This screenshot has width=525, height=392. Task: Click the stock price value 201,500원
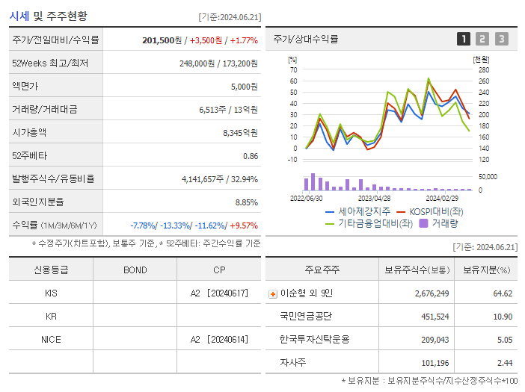[x=162, y=40]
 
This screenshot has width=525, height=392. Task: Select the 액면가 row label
[x=26, y=87]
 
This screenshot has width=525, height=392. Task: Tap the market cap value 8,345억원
[x=240, y=133]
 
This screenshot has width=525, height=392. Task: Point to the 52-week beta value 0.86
[x=251, y=156]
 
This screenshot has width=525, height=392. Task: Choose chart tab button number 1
[x=464, y=40]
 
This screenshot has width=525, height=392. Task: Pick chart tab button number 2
[x=482, y=40]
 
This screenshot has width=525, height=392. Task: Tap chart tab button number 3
[x=501, y=40]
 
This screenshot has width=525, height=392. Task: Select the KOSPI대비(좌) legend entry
[x=435, y=211]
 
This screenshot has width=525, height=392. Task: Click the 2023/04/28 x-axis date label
[x=374, y=199]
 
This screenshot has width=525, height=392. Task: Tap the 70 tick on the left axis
[x=294, y=69]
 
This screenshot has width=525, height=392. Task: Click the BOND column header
[x=135, y=270]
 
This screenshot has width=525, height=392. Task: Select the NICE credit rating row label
[x=51, y=339]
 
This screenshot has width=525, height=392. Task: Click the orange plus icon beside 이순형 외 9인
[x=273, y=294]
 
